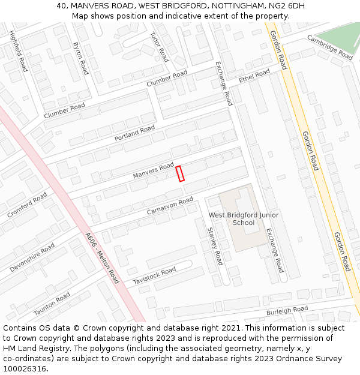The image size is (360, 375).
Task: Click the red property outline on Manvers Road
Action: (180, 173)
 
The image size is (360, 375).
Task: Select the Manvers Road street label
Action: (153, 170)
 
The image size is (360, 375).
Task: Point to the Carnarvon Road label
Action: (170, 206)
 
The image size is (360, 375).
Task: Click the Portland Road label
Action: (134, 133)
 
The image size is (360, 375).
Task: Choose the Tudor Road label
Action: (159, 47)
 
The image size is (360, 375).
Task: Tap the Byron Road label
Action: (80, 58)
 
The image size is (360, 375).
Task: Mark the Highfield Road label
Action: (19, 52)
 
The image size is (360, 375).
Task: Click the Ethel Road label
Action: (254, 76)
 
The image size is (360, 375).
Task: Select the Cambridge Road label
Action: (329, 47)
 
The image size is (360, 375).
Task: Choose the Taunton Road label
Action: (52, 304)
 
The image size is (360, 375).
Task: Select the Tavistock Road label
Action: (154, 276)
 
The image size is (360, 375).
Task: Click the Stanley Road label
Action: (215, 246)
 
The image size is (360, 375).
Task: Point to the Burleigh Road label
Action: (287, 311)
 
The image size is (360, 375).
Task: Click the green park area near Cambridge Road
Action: (340, 36)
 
